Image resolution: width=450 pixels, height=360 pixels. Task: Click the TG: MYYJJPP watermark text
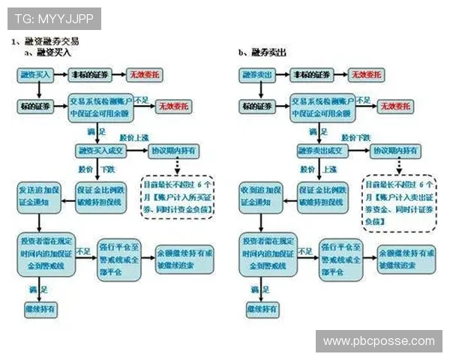click(x=53, y=17)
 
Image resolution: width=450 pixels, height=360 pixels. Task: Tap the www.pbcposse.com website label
click(x=379, y=341)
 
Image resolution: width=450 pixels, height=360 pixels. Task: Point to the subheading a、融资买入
click(x=48, y=52)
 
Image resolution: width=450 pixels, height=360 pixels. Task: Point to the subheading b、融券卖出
click(x=262, y=52)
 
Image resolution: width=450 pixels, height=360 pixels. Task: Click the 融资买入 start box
click(x=34, y=75)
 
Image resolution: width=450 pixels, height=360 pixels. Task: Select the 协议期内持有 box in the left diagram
click(x=173, y=151)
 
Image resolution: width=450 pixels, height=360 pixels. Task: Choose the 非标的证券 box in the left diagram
click(x=90, y=75)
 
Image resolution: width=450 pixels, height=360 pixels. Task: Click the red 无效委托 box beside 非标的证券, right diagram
click(x=367, y=75)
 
